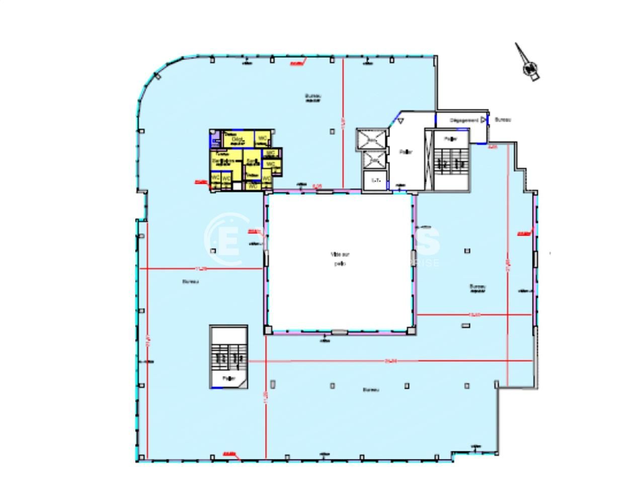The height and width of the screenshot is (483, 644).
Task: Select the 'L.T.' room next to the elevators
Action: tap(375, 180)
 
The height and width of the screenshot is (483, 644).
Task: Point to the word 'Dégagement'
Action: tap(463, 120)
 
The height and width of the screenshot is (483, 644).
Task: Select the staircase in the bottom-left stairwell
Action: tap(229, 358)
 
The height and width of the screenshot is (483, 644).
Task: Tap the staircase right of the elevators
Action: tap(451, 162)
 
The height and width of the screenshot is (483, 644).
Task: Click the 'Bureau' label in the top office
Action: tap(313, 96)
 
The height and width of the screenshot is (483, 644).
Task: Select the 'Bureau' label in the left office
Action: tap(191, 282)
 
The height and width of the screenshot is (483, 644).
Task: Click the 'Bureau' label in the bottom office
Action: tap(371, 390)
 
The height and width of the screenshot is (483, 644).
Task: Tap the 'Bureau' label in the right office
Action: tap(477, 287)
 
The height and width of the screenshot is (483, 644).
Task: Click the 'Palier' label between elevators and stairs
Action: tap(406, 151)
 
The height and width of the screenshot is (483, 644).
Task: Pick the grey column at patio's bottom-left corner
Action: tap(268, 330)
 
